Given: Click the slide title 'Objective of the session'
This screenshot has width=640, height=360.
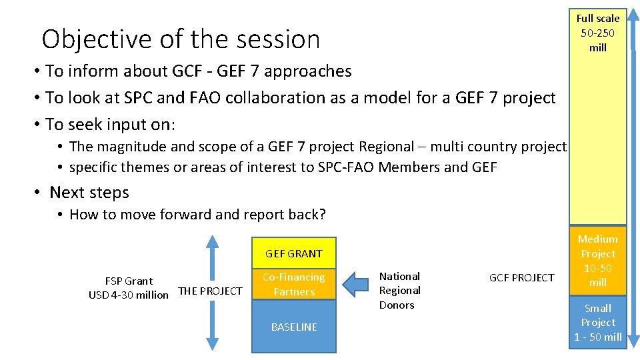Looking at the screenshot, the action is click(x=181, y=39).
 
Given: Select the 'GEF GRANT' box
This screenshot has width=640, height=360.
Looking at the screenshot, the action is click(x=293, y=253).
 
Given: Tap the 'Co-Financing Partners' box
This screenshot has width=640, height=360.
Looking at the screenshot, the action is click(x=293, y=285).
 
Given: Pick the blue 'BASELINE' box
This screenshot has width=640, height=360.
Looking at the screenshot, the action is click(x=293, y=327).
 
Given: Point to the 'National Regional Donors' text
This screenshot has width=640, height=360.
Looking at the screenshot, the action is click(x=399, y=291).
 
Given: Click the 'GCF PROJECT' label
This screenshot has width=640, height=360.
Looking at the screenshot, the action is click(x=521, y=278).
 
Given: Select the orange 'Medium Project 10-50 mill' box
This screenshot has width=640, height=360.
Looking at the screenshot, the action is click(x=597, y=261).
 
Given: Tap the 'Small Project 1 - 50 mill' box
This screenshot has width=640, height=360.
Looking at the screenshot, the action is click(x=597, y=323).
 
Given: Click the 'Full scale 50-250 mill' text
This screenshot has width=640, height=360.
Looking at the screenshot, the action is click(x=597, y=33).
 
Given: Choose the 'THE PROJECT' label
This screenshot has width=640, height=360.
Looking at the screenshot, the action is click(x=210, y=291).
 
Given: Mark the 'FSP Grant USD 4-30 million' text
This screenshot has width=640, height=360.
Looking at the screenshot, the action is click(x=129, y=288).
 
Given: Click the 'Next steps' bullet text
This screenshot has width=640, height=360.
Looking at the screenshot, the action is click(x=89, y=193).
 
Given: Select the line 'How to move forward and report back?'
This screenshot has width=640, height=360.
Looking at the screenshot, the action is click(x=197, y=215).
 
